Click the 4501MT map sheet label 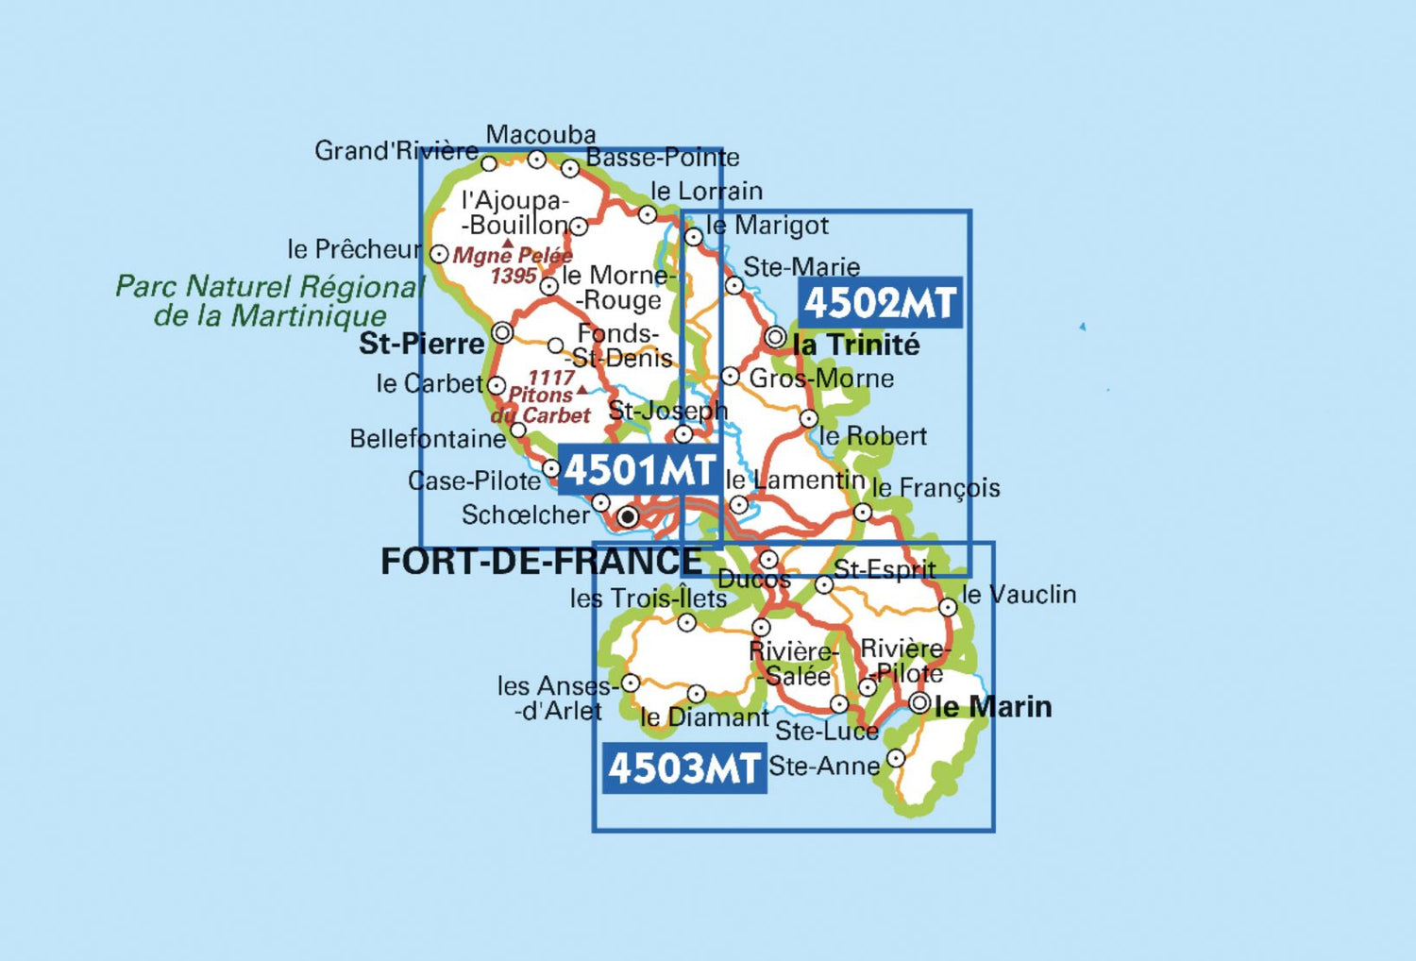(x=638, y=469)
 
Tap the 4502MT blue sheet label (x=880, y=303)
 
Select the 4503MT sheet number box (x=683, y=767)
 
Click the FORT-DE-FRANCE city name (x=541, y=562)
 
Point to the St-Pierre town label (x=421, y=344)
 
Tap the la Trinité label (x=855, y=345)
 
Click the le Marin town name (x=992, y=706)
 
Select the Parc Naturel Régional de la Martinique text (x=270, y=300)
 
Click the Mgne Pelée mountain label (x=513, y=255)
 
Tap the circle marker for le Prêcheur (x=439, y=254)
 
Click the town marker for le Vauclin (x=948, y=607)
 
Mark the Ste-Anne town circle (x=896, y=758)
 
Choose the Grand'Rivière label (x=396, y=150)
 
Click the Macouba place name (x=540, y=135)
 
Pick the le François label (x=936, y=488)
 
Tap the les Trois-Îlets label (x=648, y=599)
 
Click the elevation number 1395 (x=513, y=276)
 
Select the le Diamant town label (x=704, y=717)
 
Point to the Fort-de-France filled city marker (x=628, y=516)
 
